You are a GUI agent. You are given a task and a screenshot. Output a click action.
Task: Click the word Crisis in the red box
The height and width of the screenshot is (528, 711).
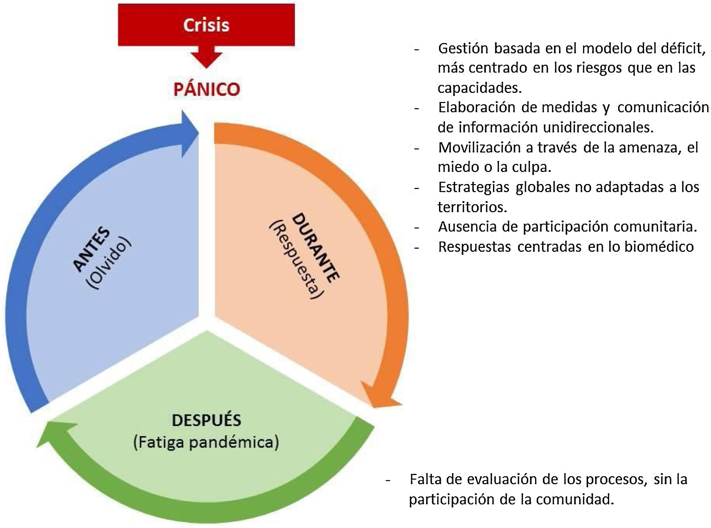coord(206,25)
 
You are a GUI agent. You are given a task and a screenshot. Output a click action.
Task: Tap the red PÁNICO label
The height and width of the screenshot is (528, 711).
coord(207,89)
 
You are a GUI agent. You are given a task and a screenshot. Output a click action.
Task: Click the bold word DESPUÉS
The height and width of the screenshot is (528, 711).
coord(206,420)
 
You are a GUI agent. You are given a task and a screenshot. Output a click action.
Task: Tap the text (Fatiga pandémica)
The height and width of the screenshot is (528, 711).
coord(206,442)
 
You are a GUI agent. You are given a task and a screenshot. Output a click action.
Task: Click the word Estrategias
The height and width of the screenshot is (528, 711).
coord(474,187)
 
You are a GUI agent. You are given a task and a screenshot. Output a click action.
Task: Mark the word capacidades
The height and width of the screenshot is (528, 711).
coord(480,88)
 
